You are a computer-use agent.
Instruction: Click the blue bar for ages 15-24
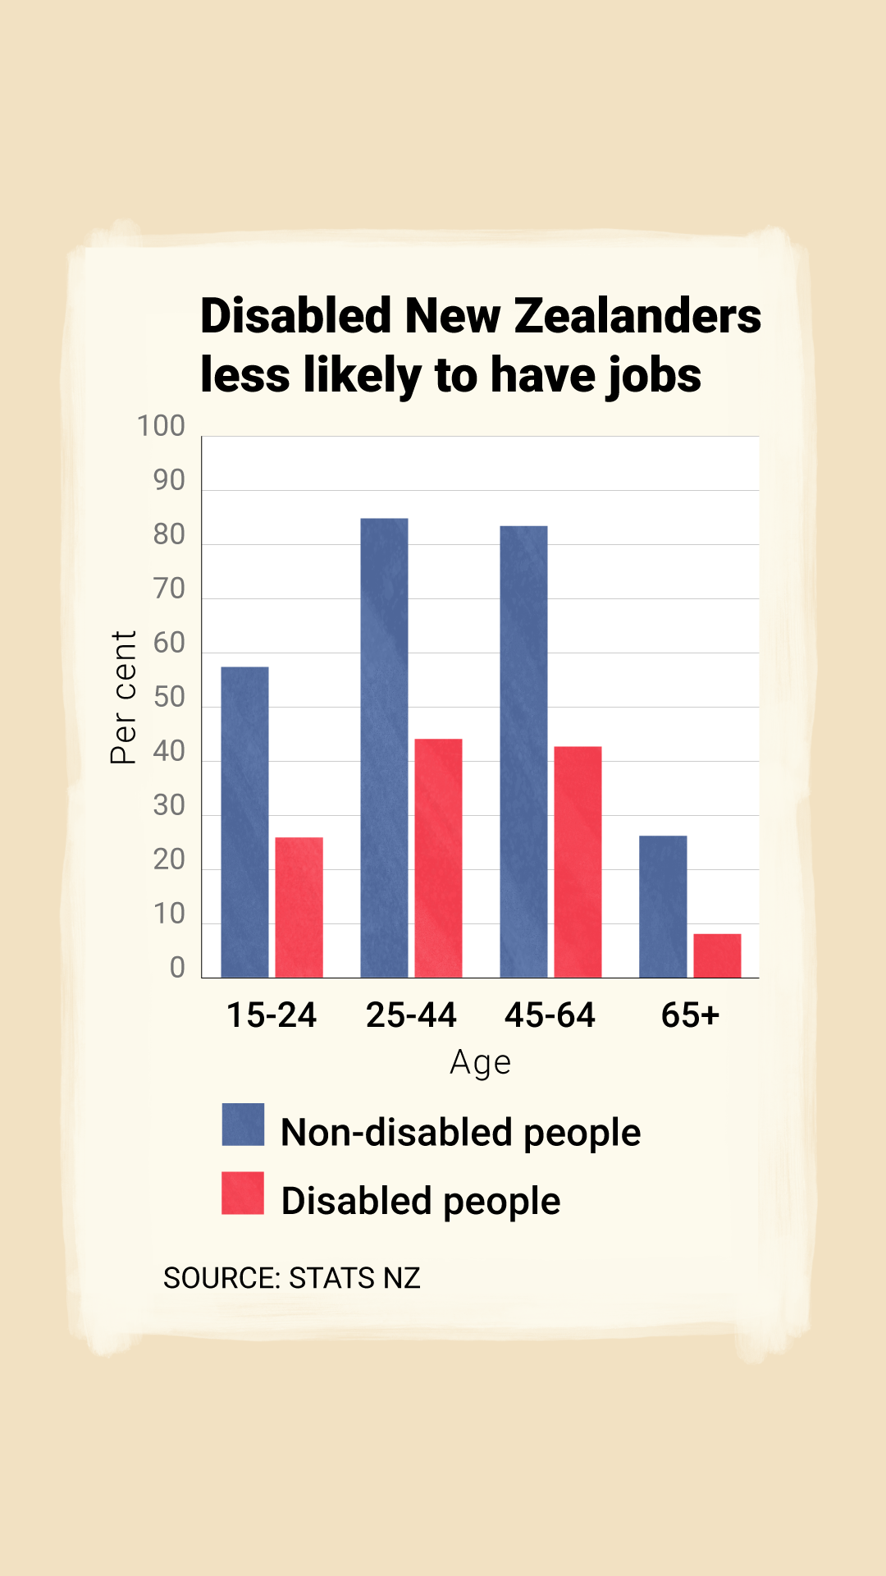pyautogui.click(x=244, y=822)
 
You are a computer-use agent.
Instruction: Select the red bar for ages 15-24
pyautogui.click(x=299, y=907)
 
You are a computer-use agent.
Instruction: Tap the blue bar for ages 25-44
pyautogui.click(x=384, y=747)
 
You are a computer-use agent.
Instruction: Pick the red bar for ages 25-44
pyautogui.click(x=438, y=858)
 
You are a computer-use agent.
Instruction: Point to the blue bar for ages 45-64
pyautogui.click(x=523, y=751)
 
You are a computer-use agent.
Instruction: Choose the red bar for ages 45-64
pyautogui.click(x=578, y=862)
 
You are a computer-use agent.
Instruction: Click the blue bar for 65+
pyautogui.click(x=663, y=906)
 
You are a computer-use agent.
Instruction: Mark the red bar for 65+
pyautogui.click(x=717, y=955)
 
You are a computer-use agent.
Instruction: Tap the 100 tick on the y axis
pyautogui.click(x=161, y=426)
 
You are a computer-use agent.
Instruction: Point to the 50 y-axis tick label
pyautogui.click(x=169, y=697)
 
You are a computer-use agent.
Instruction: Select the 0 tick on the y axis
pyautogui.click(x=177, y=968)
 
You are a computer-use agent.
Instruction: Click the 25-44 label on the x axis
pyautogui.click(x=411, y=1015)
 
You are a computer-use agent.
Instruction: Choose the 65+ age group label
pyautogui.click(x=690, y=1015)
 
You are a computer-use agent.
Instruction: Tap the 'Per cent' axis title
pyautogui.click(x=124, y=698)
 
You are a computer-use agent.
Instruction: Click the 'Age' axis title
pyautogui.click(x=481, y=1063)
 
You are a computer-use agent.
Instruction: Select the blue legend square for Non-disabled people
pyautogui.click(x=243, y=1125)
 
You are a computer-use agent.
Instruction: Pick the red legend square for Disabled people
pyautogui.click(x=243, y=1193)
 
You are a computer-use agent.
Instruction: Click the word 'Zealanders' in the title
pyautogui.click(x=637, y=316)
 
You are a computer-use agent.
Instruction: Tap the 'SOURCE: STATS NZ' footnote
pyautogui.click(x=291, y=1278)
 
